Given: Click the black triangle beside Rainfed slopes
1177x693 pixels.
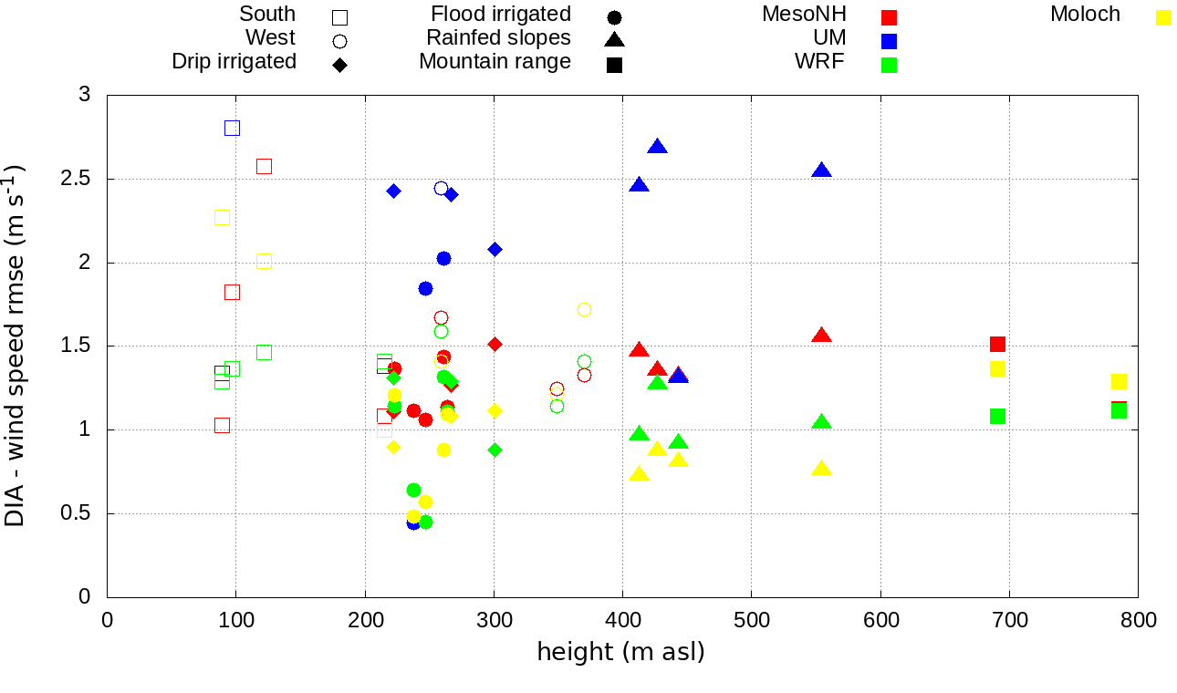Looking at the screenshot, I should pyautogui.click(x=614, y=39).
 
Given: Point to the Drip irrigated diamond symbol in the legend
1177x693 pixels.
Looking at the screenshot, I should pyautogui.click(x=339, y=65).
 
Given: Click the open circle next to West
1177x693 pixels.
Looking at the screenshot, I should pyautogui.click(x=339, y=40).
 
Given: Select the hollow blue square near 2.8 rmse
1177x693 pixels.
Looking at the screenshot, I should pyautogui.click(x=232, y=128).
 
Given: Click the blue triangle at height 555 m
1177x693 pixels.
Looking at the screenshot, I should pyautogui.click(x=821, y=171).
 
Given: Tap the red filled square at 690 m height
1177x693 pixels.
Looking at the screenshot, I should pyautogui.click(x=997, y=344).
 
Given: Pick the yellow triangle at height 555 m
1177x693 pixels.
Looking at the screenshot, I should pyautogui.click(x=821, y=469).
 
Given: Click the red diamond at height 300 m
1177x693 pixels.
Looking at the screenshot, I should pyautogui.click(x=495, y=344).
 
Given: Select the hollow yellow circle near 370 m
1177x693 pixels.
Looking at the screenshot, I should pyautogui.click(x=584, y=309).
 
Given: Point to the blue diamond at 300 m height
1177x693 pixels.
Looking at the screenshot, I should pyautogui.click(x=495, y=249).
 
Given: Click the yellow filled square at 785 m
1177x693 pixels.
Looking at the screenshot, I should pyautogui.click(x=1119, y=381).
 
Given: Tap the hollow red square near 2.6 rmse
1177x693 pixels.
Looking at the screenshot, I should pyautogui.click(x=264, y=166).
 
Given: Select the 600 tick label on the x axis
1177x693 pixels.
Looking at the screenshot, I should pyautogui.click(x=880, y=620).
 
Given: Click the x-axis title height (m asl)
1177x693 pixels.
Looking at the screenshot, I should pyautogui.click(x=620, y=653).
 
